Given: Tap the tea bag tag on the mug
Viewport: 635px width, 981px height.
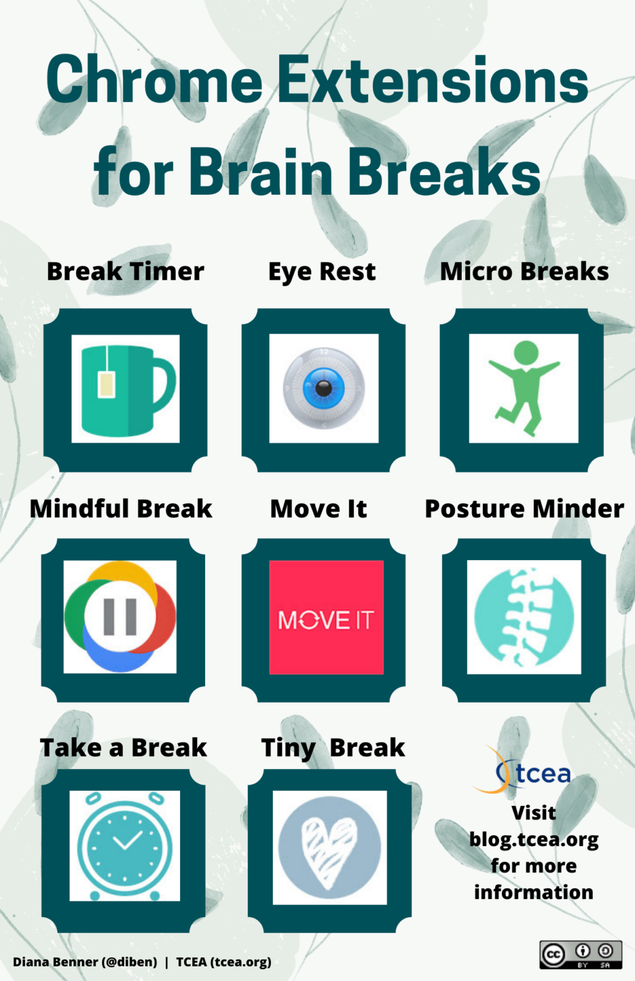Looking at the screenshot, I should pos(106,384).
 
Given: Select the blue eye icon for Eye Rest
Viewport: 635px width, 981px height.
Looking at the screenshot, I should pos(323,388).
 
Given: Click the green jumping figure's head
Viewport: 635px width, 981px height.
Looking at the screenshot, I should pos(526,353).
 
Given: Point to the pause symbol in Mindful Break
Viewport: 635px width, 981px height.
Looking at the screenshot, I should pos(120,617).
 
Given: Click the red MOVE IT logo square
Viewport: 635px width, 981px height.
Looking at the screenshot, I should pos(326,617).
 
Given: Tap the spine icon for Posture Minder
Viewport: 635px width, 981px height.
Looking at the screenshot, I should pos(524,617).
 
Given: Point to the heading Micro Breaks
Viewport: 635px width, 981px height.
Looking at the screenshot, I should pos(524,271).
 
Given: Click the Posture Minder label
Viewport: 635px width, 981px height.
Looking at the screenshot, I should pos(524,509).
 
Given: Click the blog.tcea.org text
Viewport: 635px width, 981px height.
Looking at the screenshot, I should pos(534,839).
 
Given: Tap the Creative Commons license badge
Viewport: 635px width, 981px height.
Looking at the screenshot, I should pos(580,954).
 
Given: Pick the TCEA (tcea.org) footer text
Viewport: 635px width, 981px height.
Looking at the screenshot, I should pos(224,962).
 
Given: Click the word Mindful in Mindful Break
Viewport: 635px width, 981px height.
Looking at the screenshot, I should pos(79,509).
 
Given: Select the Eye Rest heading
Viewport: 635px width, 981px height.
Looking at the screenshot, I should pos(322,271).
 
